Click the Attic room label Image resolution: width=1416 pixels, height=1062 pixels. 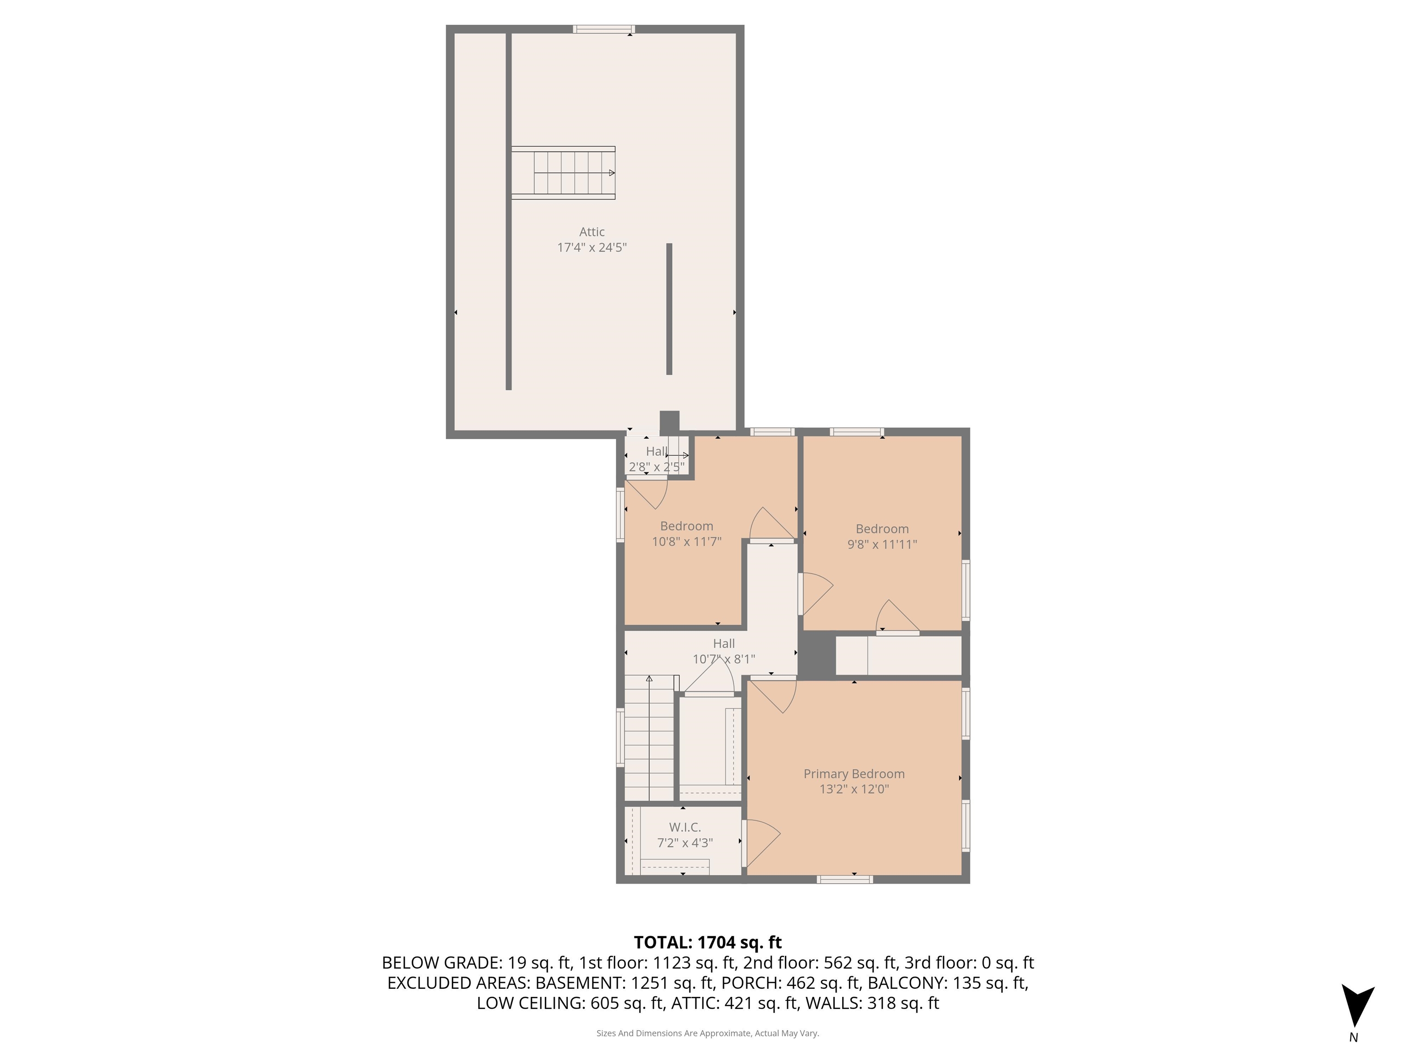591,232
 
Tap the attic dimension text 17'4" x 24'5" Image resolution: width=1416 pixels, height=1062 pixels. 591,248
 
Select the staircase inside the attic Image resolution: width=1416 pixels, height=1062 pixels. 563,173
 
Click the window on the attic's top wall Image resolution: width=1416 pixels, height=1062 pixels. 604,29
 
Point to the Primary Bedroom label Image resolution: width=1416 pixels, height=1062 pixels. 854,774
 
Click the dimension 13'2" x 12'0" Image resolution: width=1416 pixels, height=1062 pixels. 854,789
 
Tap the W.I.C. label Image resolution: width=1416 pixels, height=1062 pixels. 685,827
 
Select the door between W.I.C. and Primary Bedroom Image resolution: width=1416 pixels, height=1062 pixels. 761,843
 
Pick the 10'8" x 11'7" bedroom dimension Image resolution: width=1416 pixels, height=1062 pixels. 686,542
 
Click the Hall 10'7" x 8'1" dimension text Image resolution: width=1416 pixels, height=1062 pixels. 724,659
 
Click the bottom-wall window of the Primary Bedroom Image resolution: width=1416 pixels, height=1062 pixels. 845,879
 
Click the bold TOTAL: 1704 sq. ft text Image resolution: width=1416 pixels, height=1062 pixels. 708,942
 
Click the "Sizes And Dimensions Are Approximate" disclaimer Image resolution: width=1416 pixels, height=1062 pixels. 708,1033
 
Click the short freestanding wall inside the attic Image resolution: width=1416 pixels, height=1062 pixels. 669,308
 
